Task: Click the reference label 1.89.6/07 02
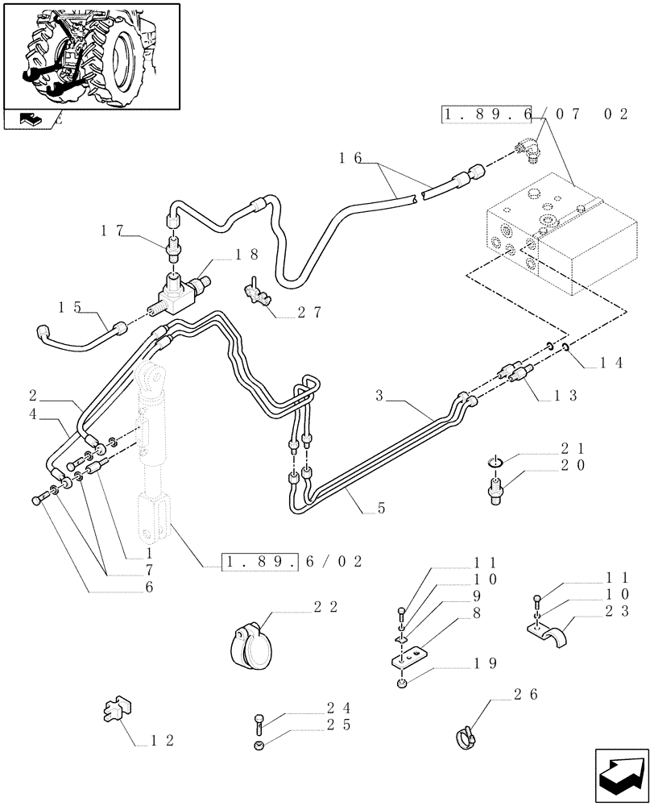(x=535, y=115)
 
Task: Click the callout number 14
(x=611, y=364)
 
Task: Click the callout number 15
(x=70, y=306)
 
